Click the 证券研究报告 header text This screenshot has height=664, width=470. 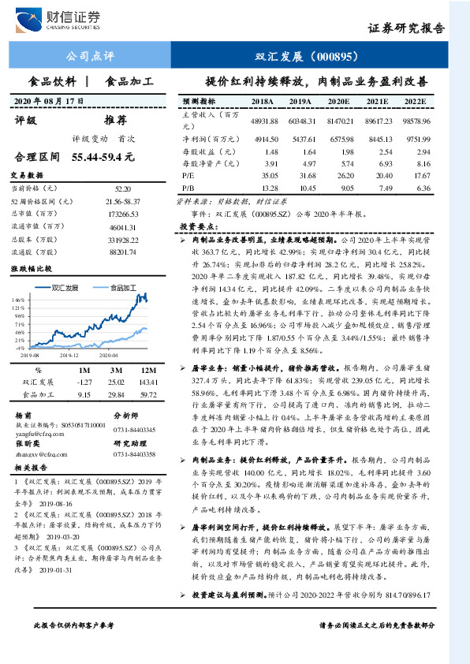[408, 28]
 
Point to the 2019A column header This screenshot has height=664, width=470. [300, 103]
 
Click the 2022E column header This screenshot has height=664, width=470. [416, 103]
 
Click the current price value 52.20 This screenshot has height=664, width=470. [123, 189]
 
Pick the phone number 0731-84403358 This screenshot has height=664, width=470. [135, 454]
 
